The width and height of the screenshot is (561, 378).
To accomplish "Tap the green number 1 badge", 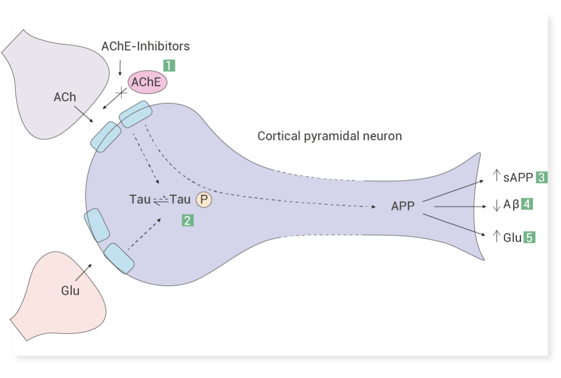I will click(169, 66).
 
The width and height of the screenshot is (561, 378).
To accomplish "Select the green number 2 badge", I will click(188, 220).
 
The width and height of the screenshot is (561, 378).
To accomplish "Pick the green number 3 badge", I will click(541, 177).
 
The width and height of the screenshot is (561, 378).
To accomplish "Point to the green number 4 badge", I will click(527, 204).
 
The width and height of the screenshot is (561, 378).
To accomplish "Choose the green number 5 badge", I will click(529, 238).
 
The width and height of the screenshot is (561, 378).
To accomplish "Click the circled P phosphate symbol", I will click(204, 200).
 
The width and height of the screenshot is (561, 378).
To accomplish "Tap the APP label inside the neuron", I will click(403, 206).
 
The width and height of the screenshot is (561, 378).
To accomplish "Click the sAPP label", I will click(518, 177).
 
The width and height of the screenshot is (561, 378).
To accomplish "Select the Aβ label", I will click(511, 204).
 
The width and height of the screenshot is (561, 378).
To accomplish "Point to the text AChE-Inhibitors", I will click(145, 46).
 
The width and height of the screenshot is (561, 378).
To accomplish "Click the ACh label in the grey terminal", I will click(65, 97).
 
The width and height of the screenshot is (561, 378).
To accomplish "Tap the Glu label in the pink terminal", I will click(70, 291).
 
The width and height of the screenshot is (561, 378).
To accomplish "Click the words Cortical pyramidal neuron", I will click(329, 136).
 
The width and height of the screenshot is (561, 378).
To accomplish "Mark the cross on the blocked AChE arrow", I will click(121, 93).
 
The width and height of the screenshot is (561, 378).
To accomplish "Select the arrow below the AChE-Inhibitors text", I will click(120, 68).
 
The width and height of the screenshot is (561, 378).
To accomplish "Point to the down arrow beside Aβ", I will click(496, 205).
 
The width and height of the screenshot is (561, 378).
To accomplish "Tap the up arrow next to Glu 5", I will click(496, 237).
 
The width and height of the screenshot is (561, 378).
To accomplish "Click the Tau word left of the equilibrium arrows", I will click(140, 199).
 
